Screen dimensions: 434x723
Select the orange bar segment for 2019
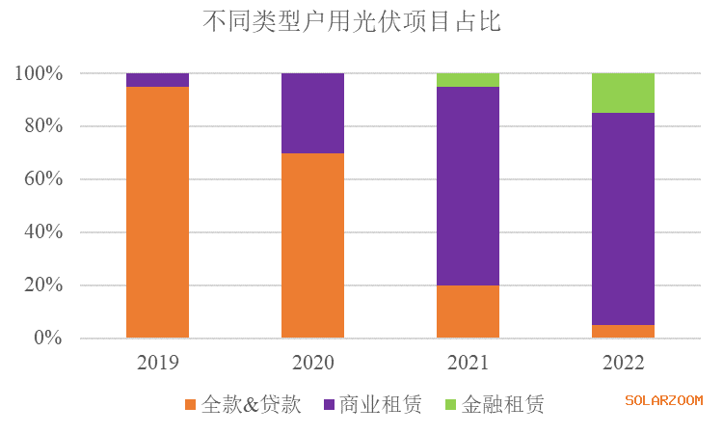coord(157,212)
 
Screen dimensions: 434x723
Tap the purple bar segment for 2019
coord(157,80)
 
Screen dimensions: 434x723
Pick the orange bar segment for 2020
coord(312,246)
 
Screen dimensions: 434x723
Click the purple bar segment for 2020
coord(312,113)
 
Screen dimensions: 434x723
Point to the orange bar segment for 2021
coord(468,312)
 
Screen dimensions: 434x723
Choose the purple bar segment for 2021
coord(468,185)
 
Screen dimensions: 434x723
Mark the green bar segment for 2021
coord(468,80)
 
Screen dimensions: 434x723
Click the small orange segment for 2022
coord(623,332)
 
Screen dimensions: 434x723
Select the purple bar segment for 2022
coord(623,219)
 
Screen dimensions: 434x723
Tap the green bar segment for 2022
coord(623,93)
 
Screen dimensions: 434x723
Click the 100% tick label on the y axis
coord(39,74)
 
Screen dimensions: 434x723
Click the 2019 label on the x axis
coord(157,364)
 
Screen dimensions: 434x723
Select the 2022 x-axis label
coord(623,364)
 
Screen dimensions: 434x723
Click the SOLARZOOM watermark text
coord(663,400)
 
